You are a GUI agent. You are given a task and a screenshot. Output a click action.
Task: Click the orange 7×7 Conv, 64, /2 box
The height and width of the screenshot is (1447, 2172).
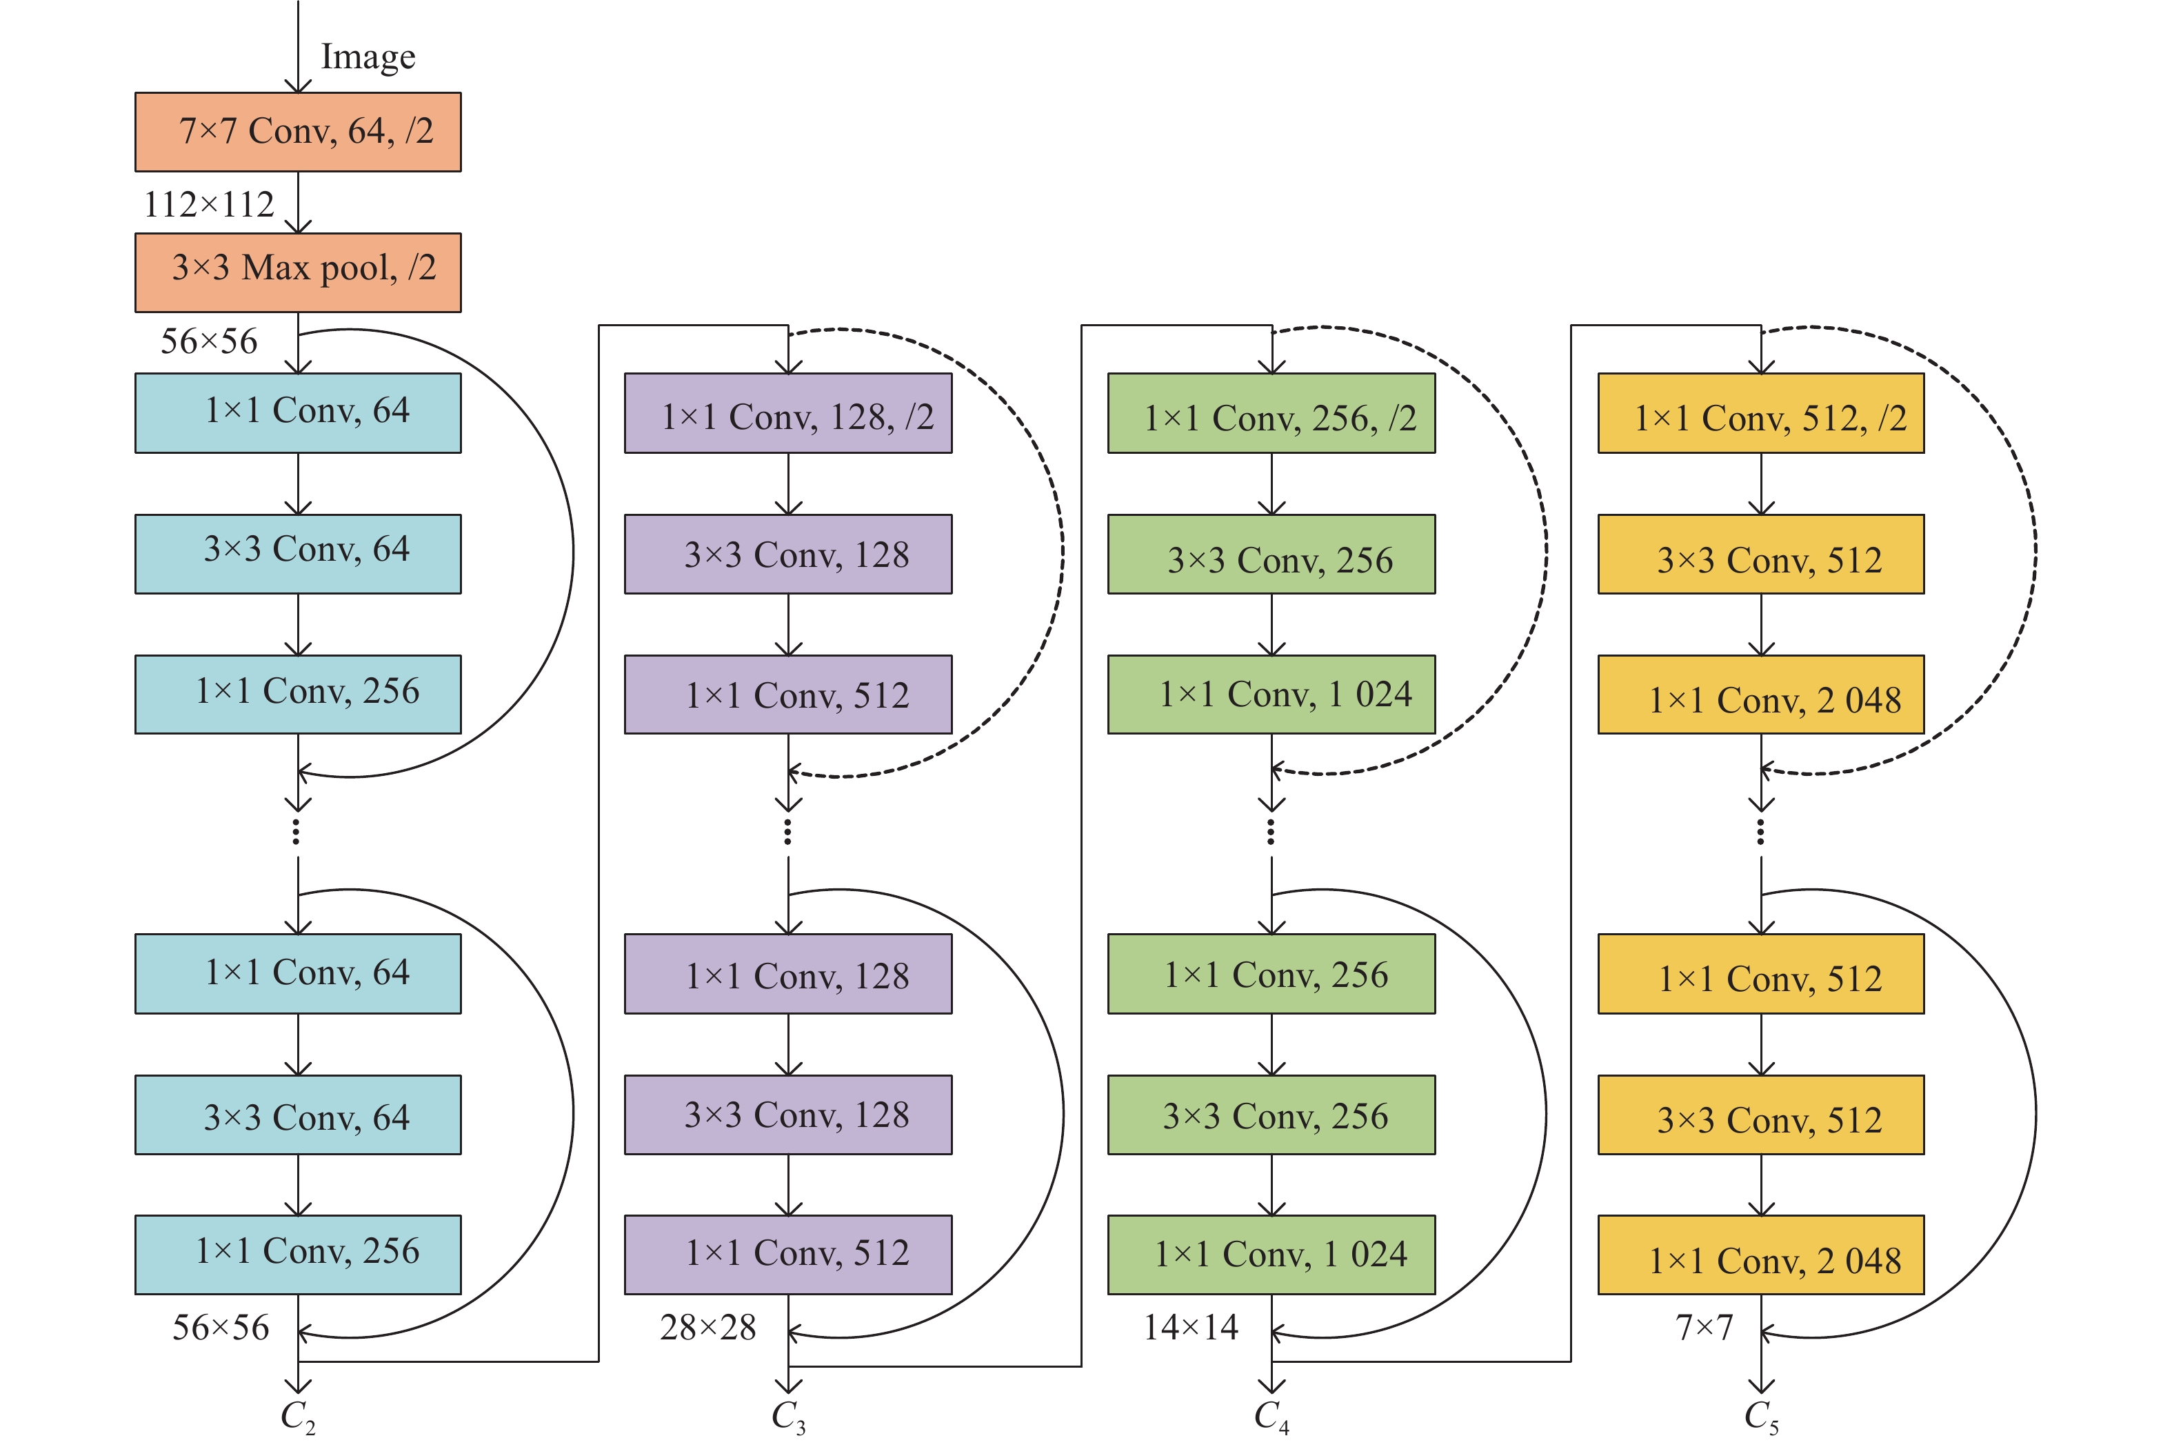pos(297,131)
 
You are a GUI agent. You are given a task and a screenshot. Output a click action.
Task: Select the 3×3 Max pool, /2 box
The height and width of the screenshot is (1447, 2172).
pos(297,272)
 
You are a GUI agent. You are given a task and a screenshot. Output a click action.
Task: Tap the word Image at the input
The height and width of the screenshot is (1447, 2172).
pos(368,57)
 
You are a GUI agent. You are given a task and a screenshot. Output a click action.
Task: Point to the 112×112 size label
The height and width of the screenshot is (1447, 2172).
pos(208,204)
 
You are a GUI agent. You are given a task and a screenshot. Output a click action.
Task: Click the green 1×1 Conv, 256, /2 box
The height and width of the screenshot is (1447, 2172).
pos(1271,413)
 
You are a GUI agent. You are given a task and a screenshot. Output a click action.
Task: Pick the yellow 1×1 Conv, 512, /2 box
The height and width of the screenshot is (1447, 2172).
pos(1760,413)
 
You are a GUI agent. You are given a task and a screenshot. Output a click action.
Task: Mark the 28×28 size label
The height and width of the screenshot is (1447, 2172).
pos(707,1327)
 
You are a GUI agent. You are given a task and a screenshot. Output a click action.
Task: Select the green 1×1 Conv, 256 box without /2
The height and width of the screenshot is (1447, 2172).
pos(1271,974)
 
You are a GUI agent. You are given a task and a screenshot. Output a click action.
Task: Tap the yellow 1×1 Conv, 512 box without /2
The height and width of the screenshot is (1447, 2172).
pos(1760,974)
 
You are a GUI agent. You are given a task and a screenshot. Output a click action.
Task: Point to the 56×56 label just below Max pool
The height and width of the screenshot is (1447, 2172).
pos(208,341)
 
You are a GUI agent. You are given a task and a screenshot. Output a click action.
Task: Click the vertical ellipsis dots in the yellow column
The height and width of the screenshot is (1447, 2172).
pos(1760,832)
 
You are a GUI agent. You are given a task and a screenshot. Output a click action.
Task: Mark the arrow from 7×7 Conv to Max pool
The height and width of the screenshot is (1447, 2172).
pos(298,202)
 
